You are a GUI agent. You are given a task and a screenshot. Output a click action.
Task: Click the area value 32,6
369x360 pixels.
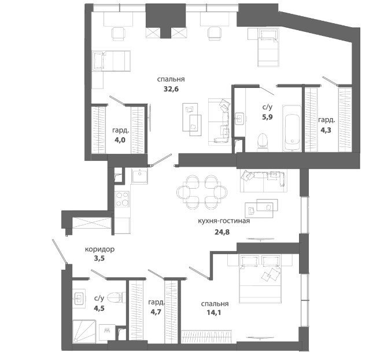(171, 89)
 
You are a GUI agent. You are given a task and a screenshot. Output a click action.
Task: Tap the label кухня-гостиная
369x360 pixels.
(224, 221)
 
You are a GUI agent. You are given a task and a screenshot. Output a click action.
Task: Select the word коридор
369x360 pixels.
(100, 249)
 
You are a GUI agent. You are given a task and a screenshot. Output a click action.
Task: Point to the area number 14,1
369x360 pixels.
(214, 313)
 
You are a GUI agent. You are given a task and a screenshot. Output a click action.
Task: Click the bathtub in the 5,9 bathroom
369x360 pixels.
(292, 128)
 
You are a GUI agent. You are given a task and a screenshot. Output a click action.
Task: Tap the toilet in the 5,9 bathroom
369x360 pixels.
(263, 142)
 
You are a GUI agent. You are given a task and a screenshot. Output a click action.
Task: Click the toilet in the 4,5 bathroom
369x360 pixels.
(116, 297)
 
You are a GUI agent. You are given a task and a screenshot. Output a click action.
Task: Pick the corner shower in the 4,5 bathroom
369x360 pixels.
(84, 332)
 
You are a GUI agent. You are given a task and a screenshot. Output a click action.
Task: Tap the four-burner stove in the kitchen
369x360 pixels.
(122, 200)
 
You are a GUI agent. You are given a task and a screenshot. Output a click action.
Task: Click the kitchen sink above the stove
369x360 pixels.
(140, 176)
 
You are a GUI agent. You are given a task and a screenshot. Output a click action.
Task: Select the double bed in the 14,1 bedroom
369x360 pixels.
(260, 278)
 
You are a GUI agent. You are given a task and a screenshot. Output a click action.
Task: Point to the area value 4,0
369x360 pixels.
(120, 140)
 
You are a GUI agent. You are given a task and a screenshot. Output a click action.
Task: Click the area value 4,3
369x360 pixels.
(326, 130)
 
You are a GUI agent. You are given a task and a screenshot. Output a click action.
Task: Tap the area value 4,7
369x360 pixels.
(156, 312)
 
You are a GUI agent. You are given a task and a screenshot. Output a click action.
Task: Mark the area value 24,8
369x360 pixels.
(222, 232)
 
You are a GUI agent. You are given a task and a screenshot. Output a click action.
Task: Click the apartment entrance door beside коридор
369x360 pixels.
(60, 252)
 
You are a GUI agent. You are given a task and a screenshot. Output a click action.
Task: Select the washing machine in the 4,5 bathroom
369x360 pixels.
(107, 332)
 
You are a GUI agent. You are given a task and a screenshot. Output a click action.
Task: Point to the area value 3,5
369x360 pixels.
(99, 259)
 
